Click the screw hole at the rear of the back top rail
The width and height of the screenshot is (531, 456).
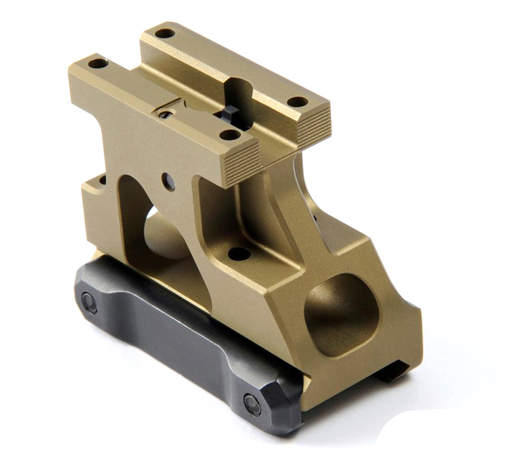165,34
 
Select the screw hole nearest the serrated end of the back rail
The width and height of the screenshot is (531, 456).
298,101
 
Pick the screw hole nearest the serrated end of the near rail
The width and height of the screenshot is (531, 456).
230,135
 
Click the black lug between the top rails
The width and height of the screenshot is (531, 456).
231,115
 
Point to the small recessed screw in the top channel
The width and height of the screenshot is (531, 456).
165,114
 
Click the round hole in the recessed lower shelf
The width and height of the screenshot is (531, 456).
239,253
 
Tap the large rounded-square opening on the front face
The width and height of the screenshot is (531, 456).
342,314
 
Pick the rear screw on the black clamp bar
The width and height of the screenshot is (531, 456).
90,302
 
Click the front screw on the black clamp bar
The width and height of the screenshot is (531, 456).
253,404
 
